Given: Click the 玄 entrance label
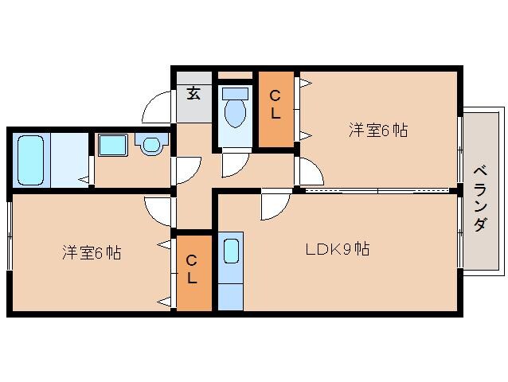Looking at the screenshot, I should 193,94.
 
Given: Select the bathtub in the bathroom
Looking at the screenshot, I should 31,159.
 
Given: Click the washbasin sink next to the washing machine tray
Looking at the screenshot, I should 150,143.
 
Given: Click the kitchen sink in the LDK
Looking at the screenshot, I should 230,251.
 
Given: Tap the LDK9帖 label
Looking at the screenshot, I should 338,249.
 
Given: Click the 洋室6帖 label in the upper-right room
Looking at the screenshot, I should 378,130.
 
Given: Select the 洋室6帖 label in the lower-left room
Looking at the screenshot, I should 92,253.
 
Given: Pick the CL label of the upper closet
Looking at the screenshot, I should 275,104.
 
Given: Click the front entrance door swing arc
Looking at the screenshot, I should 158,108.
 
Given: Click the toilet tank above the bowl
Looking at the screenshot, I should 235,94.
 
